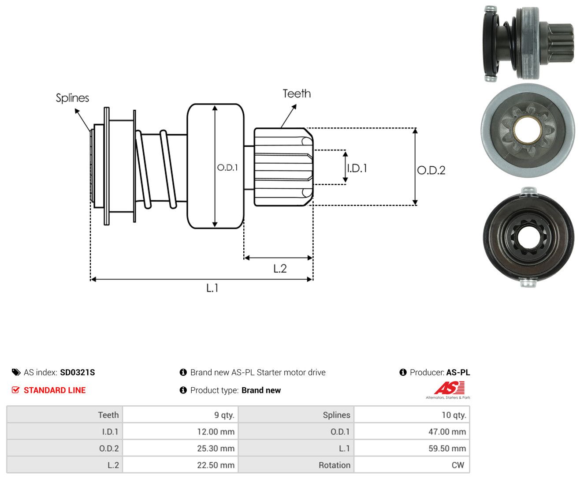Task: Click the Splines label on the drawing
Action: click(72, 98)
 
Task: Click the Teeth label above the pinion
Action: click(296, 94)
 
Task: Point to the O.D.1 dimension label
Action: click(227, 167)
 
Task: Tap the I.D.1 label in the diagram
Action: click(357, 168)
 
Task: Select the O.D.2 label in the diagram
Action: click(431, 170)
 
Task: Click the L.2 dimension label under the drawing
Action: click(280, 269)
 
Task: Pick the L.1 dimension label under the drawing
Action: click(212, 288)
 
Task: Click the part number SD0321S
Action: click(77, 372)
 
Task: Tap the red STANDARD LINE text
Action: click(55, 390)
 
